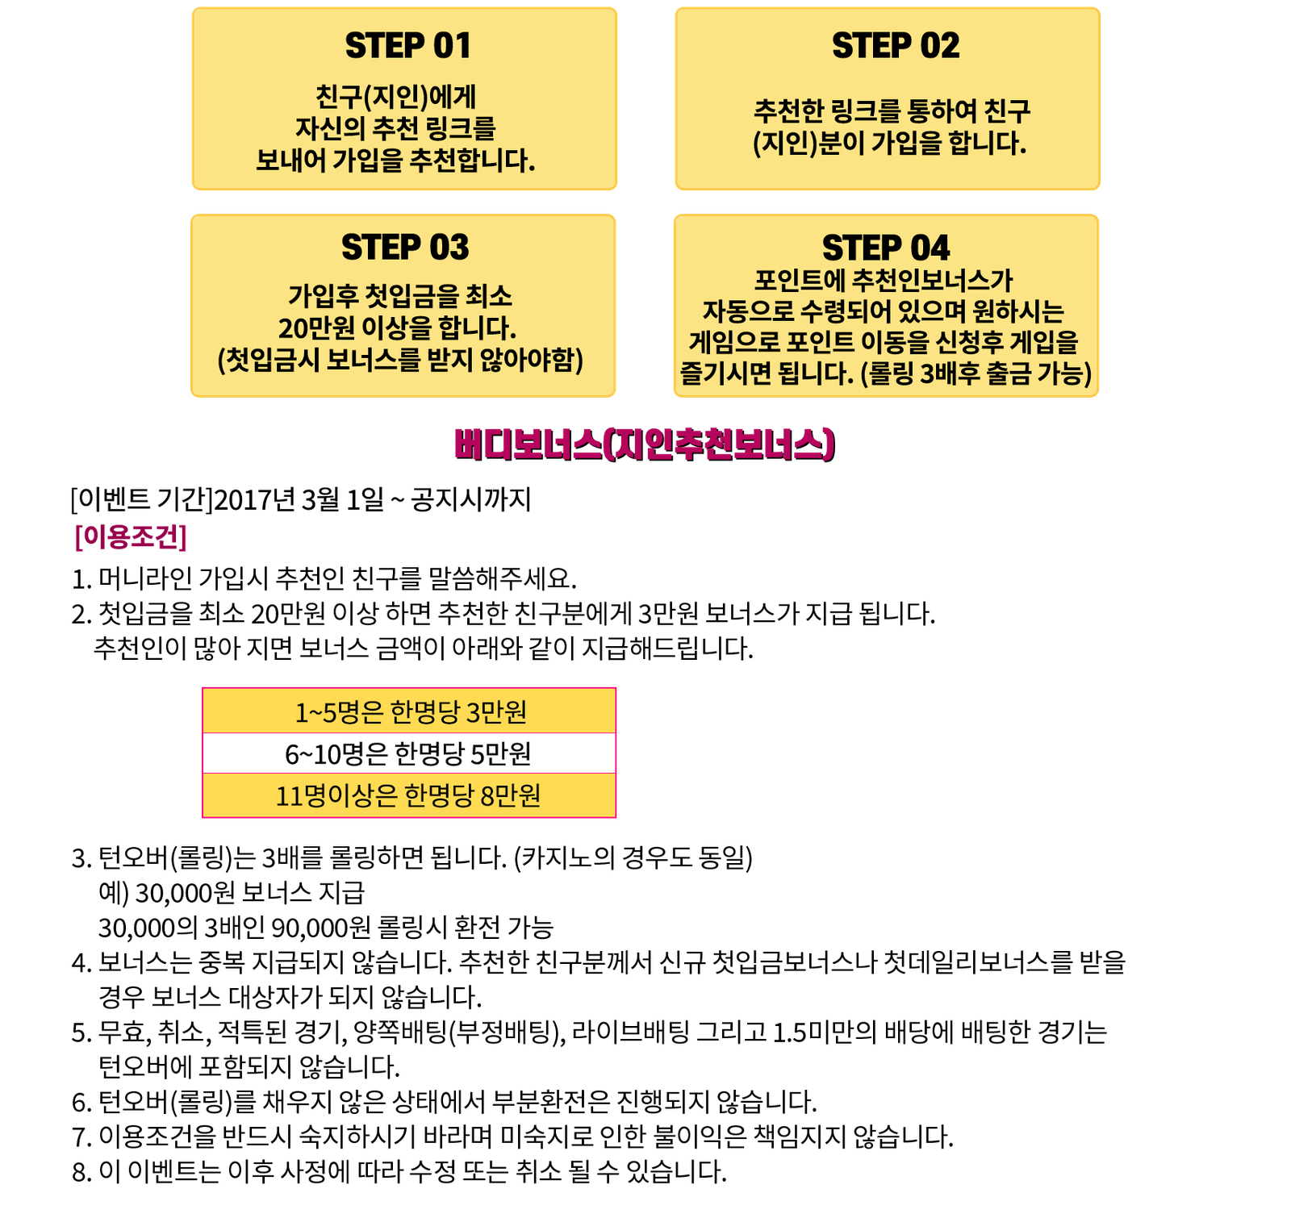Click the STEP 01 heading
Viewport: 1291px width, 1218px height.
pos(407,46)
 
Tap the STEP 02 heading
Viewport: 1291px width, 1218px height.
pos(896,46)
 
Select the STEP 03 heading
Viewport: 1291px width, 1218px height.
pos(404,248)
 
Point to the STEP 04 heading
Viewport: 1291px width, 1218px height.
pos(886,248)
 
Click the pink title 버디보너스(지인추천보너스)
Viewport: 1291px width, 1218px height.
pos(645,445)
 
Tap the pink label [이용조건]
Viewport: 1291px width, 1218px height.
pos(131,537)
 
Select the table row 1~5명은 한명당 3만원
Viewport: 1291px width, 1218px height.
pos(410,712)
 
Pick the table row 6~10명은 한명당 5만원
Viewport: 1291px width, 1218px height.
pos(408,754)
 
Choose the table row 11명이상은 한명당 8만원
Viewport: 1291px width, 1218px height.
pos(408,796)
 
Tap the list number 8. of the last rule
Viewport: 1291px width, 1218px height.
pos(81,1172)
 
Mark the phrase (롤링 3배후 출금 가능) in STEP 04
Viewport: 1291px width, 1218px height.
pos(976,374)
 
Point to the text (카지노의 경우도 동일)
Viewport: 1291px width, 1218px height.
pos(633,858)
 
